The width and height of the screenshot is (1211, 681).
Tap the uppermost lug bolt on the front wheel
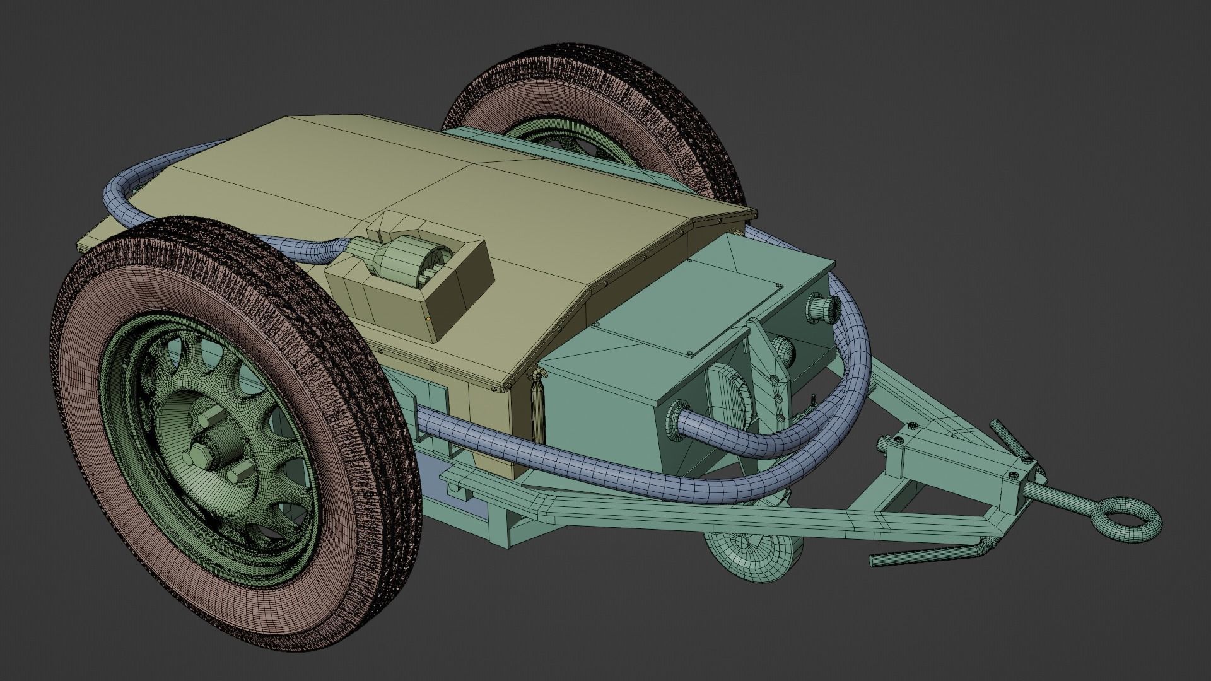pyautogui.click(x=213, y=416)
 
